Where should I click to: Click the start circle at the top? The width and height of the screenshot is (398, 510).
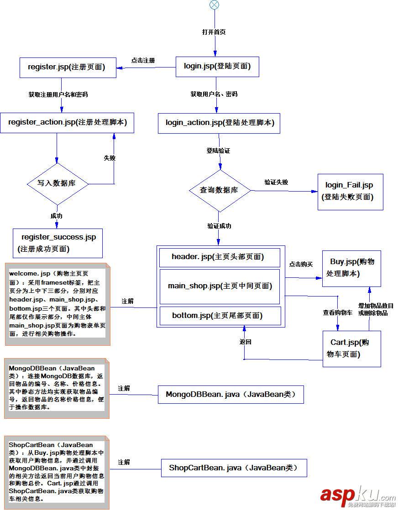point(214,5)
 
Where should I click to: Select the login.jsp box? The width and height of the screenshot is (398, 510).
point(217,67)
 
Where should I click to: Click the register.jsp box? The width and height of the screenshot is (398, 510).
point(67,68)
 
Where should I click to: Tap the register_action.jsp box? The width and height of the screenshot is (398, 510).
point(67,123)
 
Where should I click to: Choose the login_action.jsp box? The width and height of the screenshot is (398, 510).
point(219,123)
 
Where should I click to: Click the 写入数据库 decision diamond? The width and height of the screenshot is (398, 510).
point(57,184)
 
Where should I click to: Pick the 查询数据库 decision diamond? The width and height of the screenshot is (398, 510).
point(220,190)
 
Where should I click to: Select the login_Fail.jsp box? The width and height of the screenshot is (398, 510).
point(350,191)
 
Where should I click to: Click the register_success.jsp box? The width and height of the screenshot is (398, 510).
point(58,243)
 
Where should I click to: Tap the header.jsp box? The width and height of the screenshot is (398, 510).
point(219,257)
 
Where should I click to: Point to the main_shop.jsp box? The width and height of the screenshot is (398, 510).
point(219,286)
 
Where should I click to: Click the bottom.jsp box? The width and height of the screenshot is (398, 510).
point(219,316)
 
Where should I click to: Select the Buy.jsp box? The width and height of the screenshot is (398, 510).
point(351,268)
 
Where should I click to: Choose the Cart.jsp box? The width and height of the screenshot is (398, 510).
point(351,349)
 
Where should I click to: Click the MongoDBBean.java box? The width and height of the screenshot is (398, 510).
point(231,395)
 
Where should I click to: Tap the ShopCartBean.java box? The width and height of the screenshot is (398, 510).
point(234,468)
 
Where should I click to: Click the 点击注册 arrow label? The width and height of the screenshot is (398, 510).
point(143,61)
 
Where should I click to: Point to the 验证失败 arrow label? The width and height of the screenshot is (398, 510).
point(277,182)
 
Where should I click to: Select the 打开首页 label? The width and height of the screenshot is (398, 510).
point(214,32)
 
